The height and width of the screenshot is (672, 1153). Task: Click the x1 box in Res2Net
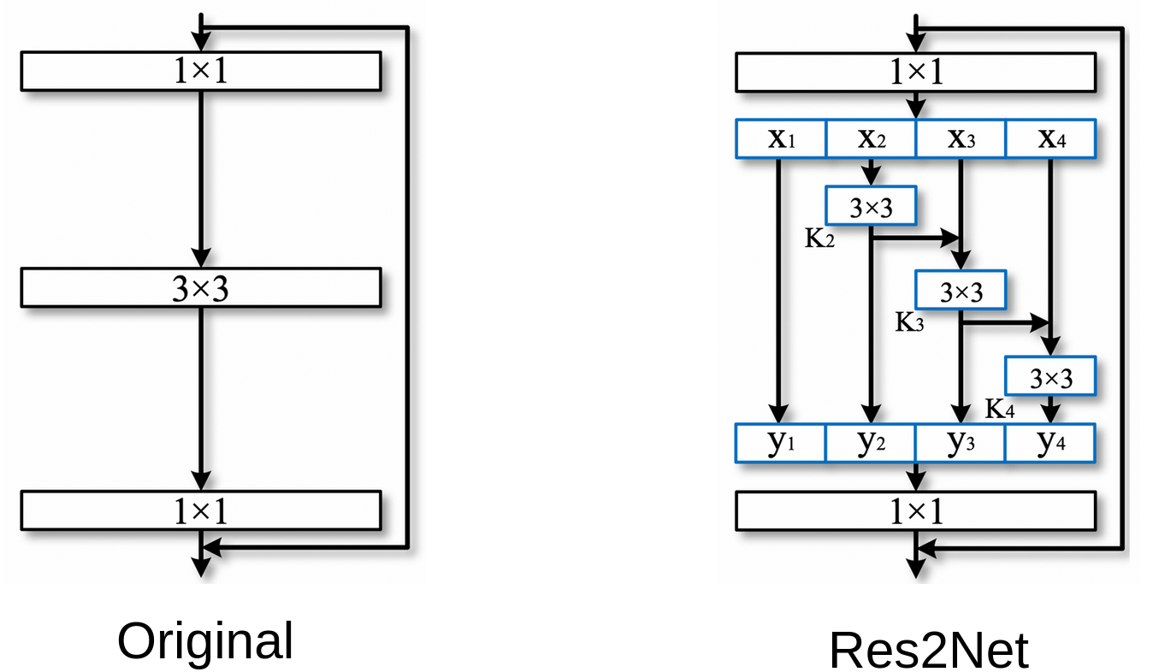[781, 139]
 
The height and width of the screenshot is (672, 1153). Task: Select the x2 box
[871, 139]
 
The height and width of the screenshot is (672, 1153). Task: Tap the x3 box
[961, 139]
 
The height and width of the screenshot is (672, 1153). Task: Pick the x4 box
[1050, 139]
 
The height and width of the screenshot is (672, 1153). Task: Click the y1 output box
[781, 443]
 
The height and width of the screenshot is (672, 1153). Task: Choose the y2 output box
[871, 443]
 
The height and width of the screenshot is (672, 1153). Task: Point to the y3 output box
[961, 443]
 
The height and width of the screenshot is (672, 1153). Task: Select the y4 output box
[1050, 443]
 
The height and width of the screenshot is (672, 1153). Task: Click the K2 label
[819, 239]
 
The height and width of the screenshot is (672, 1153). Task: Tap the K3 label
[909, 322]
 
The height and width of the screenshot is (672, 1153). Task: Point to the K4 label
[999, 409]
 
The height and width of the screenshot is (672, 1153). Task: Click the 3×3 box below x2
[871, 206]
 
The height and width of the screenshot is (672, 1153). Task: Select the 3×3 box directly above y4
[1050, 376]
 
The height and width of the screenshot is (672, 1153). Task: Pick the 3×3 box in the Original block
[200, 288]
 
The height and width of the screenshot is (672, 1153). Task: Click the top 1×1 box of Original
[200, 71]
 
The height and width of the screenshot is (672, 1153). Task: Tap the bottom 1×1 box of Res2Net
[915, 510]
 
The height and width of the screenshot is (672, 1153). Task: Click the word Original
[205, 641]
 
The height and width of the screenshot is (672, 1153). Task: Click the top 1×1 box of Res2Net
[915, 72]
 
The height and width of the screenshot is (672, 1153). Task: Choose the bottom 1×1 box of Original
[200, 510]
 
